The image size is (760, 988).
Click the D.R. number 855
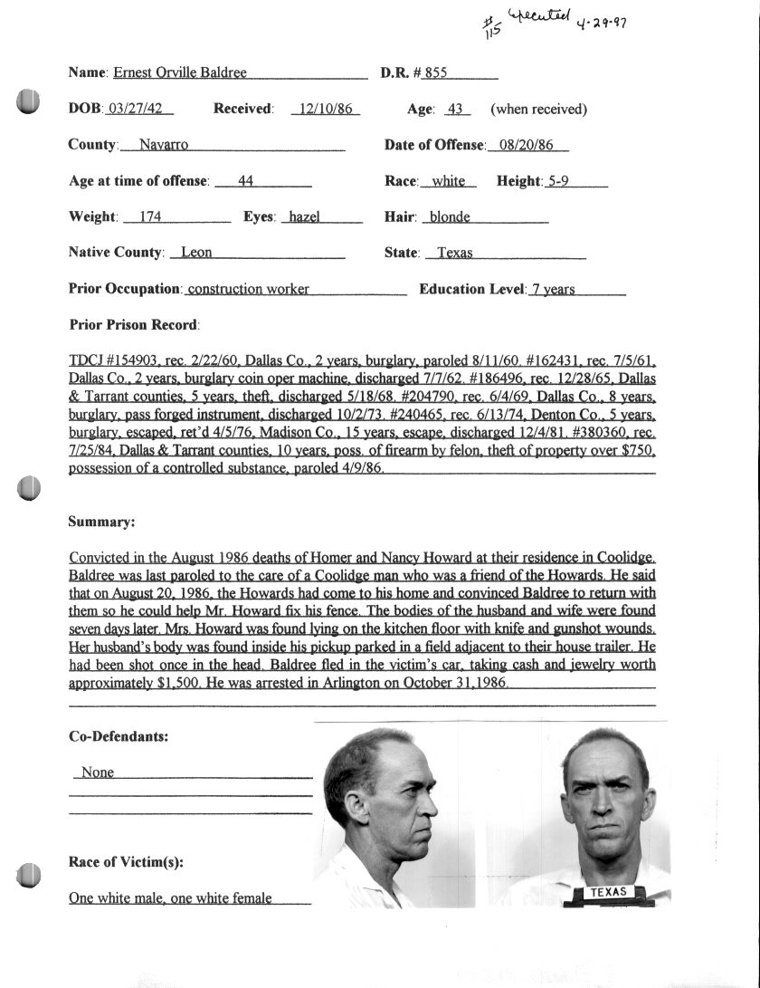tap(436, 72)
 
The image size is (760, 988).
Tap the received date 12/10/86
tap(327, 110)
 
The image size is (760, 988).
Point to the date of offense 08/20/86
tap(527, 145)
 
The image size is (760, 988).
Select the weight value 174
tap(140, 217)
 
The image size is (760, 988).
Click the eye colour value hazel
tap(304, 217)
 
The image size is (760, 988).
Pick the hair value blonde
tap(450, 217)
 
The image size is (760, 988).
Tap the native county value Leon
tap(196, 253)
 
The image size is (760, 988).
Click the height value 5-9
tap(558, 181)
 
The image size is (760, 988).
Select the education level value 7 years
tap(552, 290)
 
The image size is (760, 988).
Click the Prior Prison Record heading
tap(134, 324)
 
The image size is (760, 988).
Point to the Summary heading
tap(101, 523)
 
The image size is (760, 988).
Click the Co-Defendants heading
tap(118, 736)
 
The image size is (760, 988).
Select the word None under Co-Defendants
tap(98, 772)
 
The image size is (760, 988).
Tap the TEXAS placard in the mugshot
tap(609, 892)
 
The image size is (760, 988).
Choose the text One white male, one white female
tap(170, 898)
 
